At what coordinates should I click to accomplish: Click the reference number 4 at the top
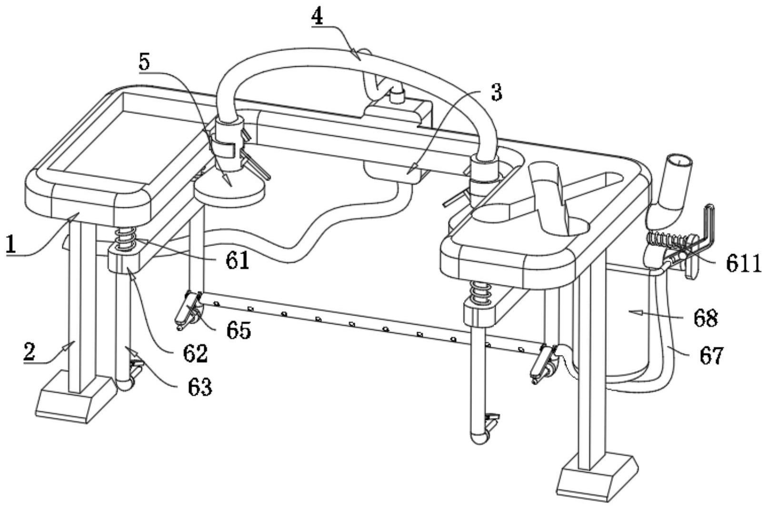(317, 16)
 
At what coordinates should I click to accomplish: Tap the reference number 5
(145, 61)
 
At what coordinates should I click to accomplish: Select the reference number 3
(497, 92)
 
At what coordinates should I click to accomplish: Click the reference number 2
(30, 352)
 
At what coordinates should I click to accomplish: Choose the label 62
(196, 354)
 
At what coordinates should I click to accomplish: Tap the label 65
(239, 330)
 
